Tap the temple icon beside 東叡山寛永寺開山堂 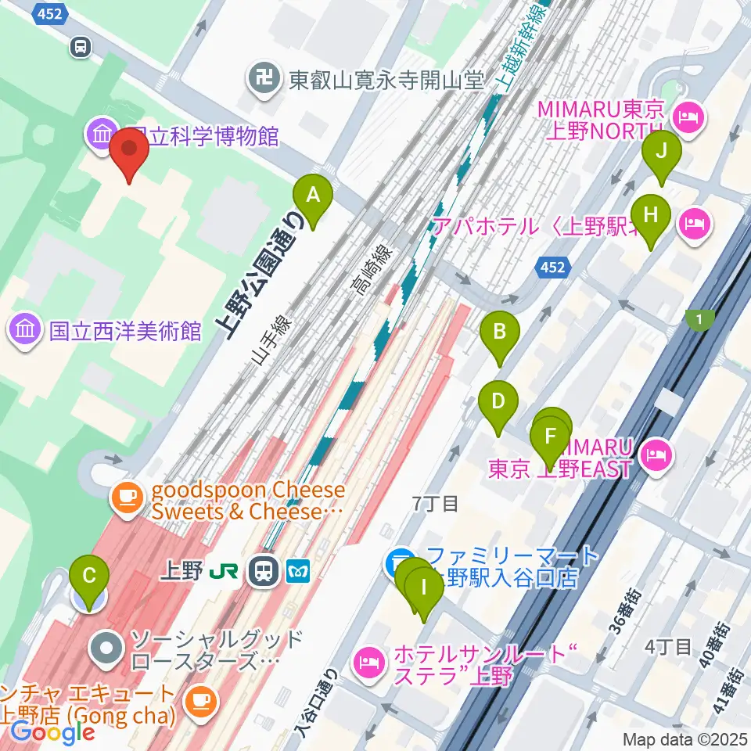(264, 77)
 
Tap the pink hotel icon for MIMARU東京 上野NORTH (691, 120)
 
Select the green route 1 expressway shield (699, 318)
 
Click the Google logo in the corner (52, 733)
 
